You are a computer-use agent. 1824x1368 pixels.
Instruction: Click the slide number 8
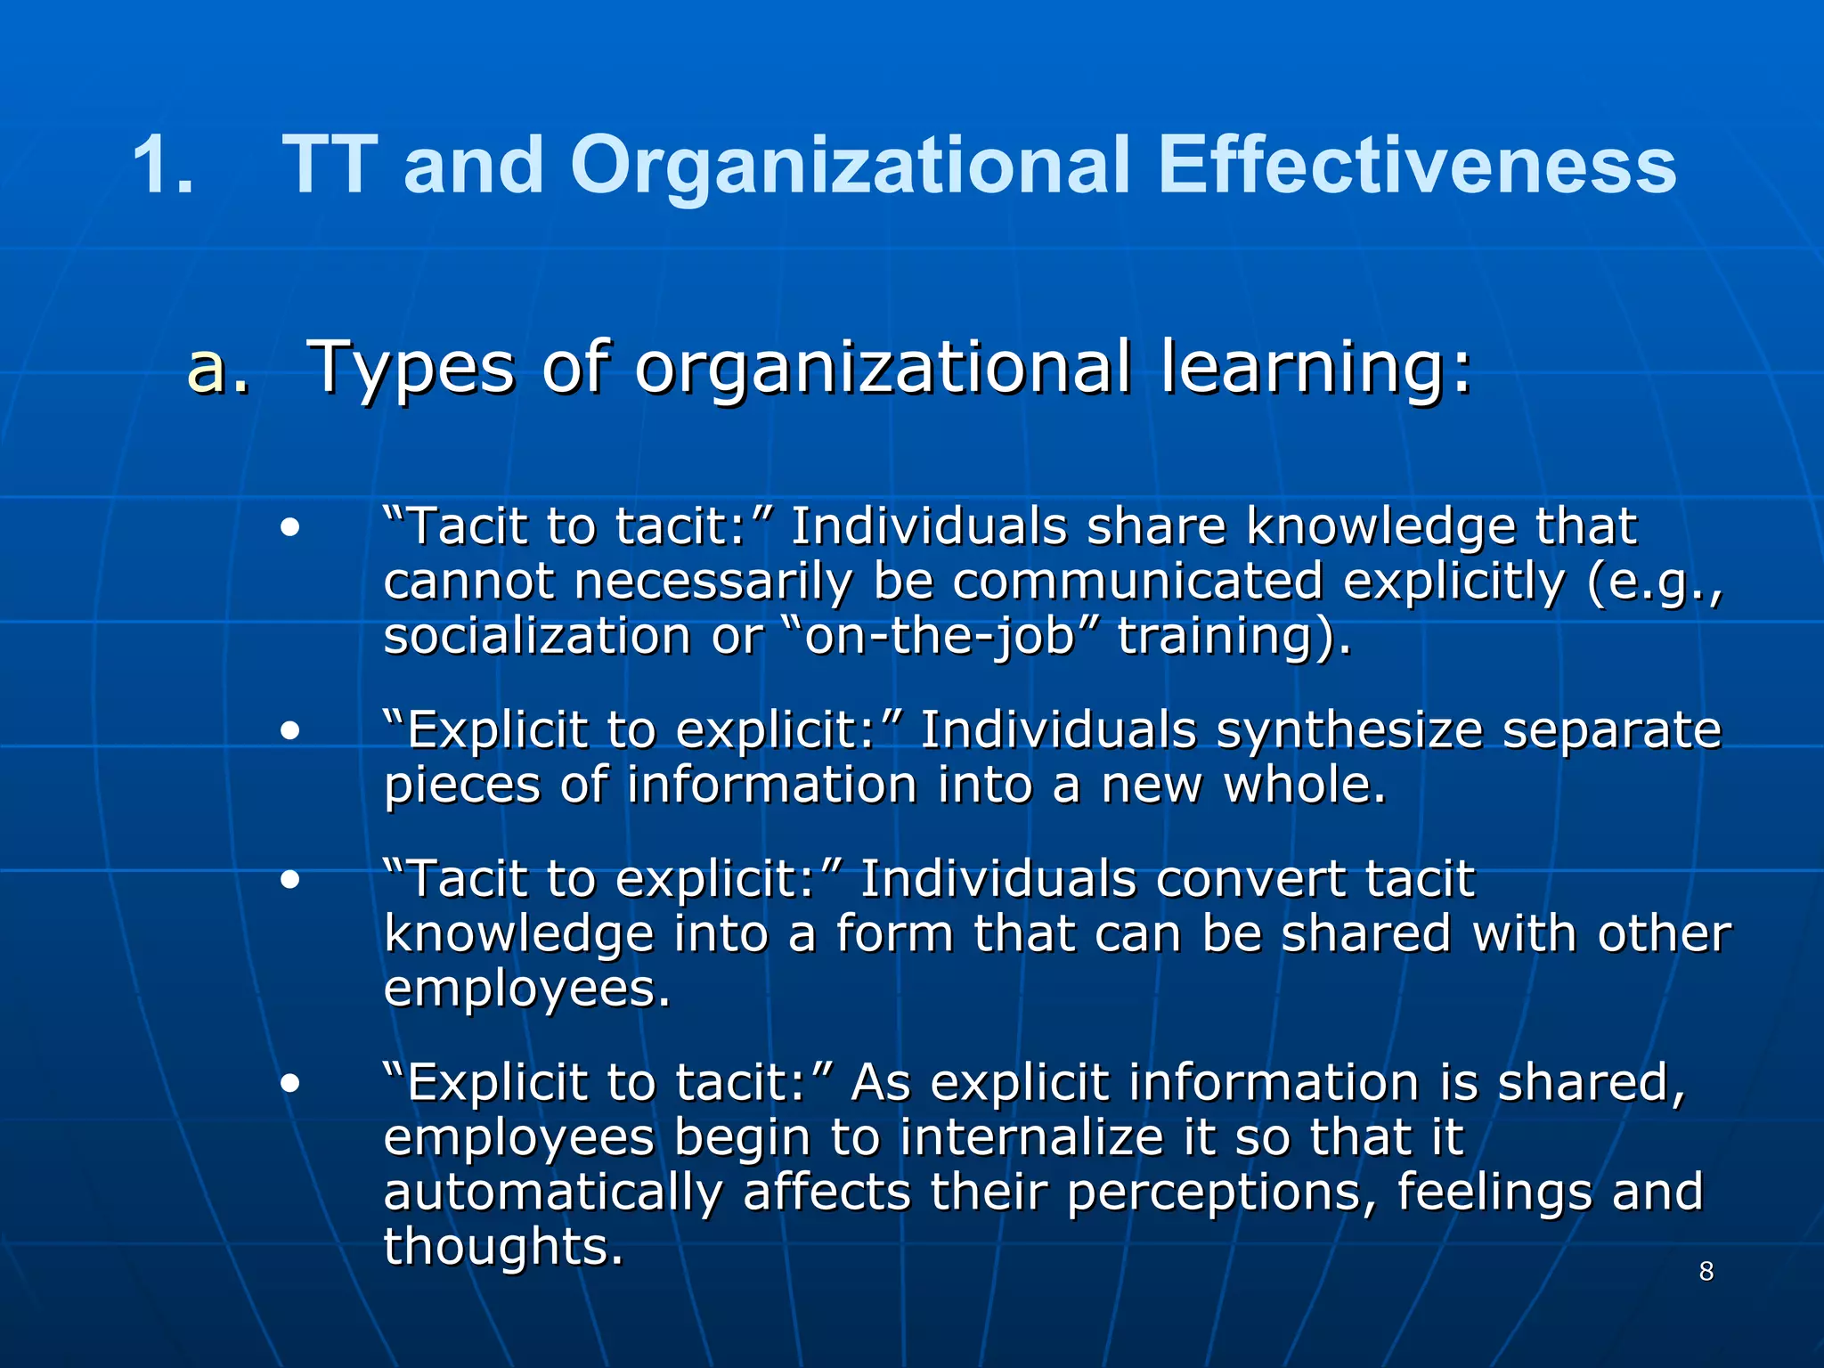1706,1271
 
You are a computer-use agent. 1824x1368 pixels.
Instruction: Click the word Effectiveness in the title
1416,166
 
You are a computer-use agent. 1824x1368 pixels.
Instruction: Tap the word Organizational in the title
850,166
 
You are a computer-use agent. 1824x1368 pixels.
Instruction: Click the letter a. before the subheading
217,367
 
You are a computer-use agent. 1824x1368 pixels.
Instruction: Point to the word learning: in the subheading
1316,367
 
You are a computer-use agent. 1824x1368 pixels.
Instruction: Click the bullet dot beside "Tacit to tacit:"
289,527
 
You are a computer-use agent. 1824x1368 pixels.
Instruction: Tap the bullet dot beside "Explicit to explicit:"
289,731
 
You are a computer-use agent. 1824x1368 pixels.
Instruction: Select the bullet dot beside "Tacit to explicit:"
289,880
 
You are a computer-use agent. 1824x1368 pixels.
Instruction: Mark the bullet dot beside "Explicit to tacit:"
289,1084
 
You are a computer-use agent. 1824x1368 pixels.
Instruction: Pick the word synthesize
1349,731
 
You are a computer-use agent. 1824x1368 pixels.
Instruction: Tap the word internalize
1031,1137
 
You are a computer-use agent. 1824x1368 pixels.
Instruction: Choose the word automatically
552,1193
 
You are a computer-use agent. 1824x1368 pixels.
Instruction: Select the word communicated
1137,582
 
